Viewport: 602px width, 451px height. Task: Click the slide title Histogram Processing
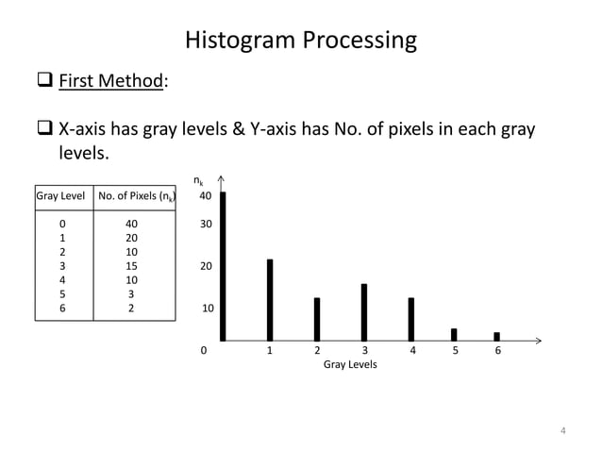300,41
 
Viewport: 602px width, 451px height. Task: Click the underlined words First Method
111,81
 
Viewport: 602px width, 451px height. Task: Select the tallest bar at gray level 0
223,265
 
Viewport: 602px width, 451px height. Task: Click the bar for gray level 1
270,299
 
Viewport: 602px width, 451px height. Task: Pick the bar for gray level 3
364,311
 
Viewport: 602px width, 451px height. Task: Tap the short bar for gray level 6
496,336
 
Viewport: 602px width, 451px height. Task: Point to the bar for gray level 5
454,334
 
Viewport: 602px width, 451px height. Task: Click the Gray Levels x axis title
350,365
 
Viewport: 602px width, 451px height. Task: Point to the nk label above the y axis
197,180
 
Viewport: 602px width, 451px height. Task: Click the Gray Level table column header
61,197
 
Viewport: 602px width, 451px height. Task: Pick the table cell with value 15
132,266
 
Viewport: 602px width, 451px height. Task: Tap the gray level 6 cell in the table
62,308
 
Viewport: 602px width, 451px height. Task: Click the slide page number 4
563,431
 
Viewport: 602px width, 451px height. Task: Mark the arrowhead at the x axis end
539,339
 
